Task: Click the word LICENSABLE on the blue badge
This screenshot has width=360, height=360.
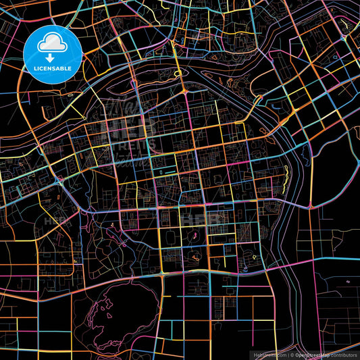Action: (53, 68)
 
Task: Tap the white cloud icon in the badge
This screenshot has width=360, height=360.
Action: (52, 44)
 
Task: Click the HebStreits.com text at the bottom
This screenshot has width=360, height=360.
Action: (269, 354)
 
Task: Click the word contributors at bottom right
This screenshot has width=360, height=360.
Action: (343, 354)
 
